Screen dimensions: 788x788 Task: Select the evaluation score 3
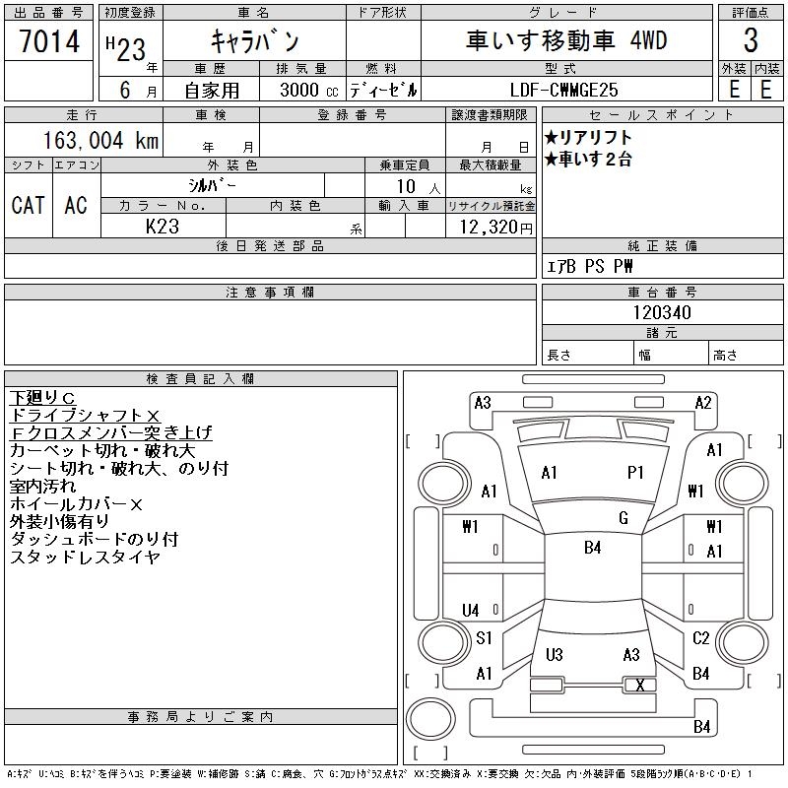(x=751, y=41)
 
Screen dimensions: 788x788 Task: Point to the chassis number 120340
(x=662, y=312)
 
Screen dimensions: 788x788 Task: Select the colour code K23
(x=163, y=228)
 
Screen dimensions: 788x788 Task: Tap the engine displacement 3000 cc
(x=301, y=90)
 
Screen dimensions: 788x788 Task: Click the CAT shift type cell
(x=28, y=205)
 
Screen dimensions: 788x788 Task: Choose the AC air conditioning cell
(x=76, y=205)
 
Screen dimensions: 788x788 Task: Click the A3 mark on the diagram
(x=483, y=402)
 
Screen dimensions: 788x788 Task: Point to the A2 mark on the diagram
(x=703, y=402)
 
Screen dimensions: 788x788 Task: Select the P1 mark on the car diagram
(x=635, y=473)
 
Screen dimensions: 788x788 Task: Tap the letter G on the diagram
(x=624, y=518)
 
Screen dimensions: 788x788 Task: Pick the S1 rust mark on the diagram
(x=484, y=638)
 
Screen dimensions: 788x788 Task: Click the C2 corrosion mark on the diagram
(x=700, y=638)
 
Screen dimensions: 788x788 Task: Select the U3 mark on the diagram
(x=554, y=655)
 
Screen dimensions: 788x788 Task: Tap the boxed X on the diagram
(x=640, y=686)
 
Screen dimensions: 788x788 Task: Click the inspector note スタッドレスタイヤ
(x=85, y=558)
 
